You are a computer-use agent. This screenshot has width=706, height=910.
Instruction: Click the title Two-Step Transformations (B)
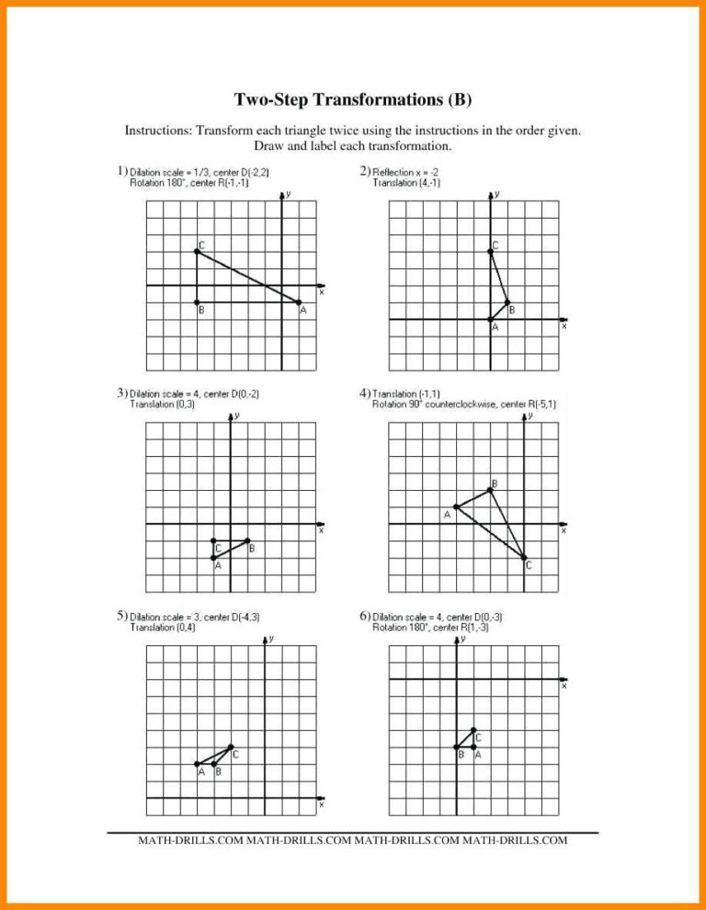(353, 99)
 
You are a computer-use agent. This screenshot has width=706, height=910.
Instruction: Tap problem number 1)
(121, 171)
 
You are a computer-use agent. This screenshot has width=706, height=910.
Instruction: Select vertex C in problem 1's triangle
(197, 251)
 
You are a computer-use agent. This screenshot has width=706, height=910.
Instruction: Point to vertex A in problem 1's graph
(299, 302)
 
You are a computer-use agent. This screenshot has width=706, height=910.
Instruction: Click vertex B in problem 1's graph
(197, 302)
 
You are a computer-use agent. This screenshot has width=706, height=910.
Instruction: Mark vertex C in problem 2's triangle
(490, 251)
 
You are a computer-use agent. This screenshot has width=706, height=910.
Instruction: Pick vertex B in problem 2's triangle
(507, 302)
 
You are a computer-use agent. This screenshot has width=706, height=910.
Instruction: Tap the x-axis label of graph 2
(564, 326)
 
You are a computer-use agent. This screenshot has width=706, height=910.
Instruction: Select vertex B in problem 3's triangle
(247, 540)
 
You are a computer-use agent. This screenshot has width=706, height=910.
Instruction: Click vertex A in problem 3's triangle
(213, 558)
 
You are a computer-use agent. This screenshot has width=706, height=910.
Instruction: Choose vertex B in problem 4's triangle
(490, 490)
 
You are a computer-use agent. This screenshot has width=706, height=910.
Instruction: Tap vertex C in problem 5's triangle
(231, 746)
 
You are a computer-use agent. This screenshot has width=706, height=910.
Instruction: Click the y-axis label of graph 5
(271, 638)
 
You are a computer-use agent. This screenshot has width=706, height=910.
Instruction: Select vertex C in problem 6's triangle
(473, 730)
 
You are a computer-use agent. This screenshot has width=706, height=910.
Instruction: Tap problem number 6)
(365, 616)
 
